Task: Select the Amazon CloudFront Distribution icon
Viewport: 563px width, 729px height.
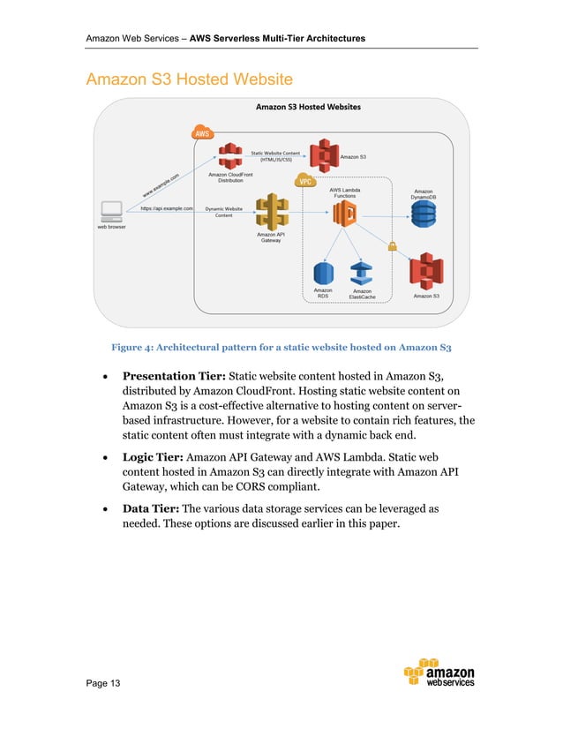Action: (x=230, y=156)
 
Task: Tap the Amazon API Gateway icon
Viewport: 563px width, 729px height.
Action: (x=270, y=212)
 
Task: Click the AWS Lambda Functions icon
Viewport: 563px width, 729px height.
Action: (x=344, y=213)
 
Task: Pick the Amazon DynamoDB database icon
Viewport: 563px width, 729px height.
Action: (x=424, y=214)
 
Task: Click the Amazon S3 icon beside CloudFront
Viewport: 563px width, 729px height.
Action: (x=325, y=155)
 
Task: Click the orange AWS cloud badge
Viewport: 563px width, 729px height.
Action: (x=202, y=133)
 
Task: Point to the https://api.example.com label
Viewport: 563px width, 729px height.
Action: (x=166, y=209)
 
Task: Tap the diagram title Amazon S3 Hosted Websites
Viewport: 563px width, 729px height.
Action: (x=307, y=108)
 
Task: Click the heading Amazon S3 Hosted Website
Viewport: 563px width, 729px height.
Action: (x=188, y=80)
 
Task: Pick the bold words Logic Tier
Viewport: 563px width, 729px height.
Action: (x=155, y=457)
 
